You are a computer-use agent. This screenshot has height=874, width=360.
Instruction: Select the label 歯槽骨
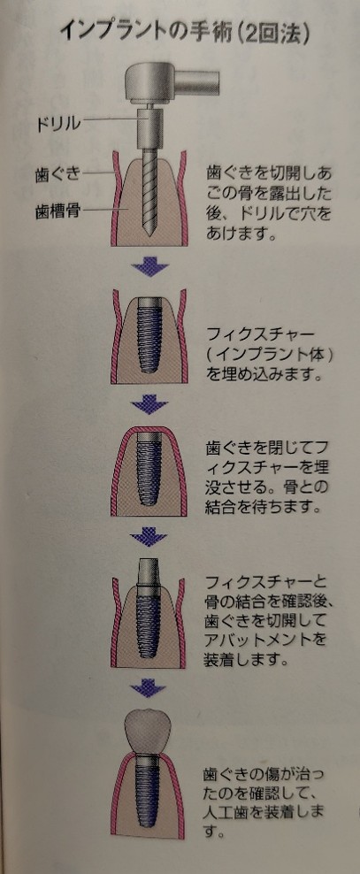click(57, 211)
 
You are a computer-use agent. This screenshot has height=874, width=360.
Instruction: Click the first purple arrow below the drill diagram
click(149, 268)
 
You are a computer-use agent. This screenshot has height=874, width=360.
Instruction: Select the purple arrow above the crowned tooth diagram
click(149, 687)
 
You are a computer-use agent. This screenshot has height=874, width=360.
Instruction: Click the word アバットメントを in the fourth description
click(264, 638)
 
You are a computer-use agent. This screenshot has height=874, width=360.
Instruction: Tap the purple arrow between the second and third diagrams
click(149, 403)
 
